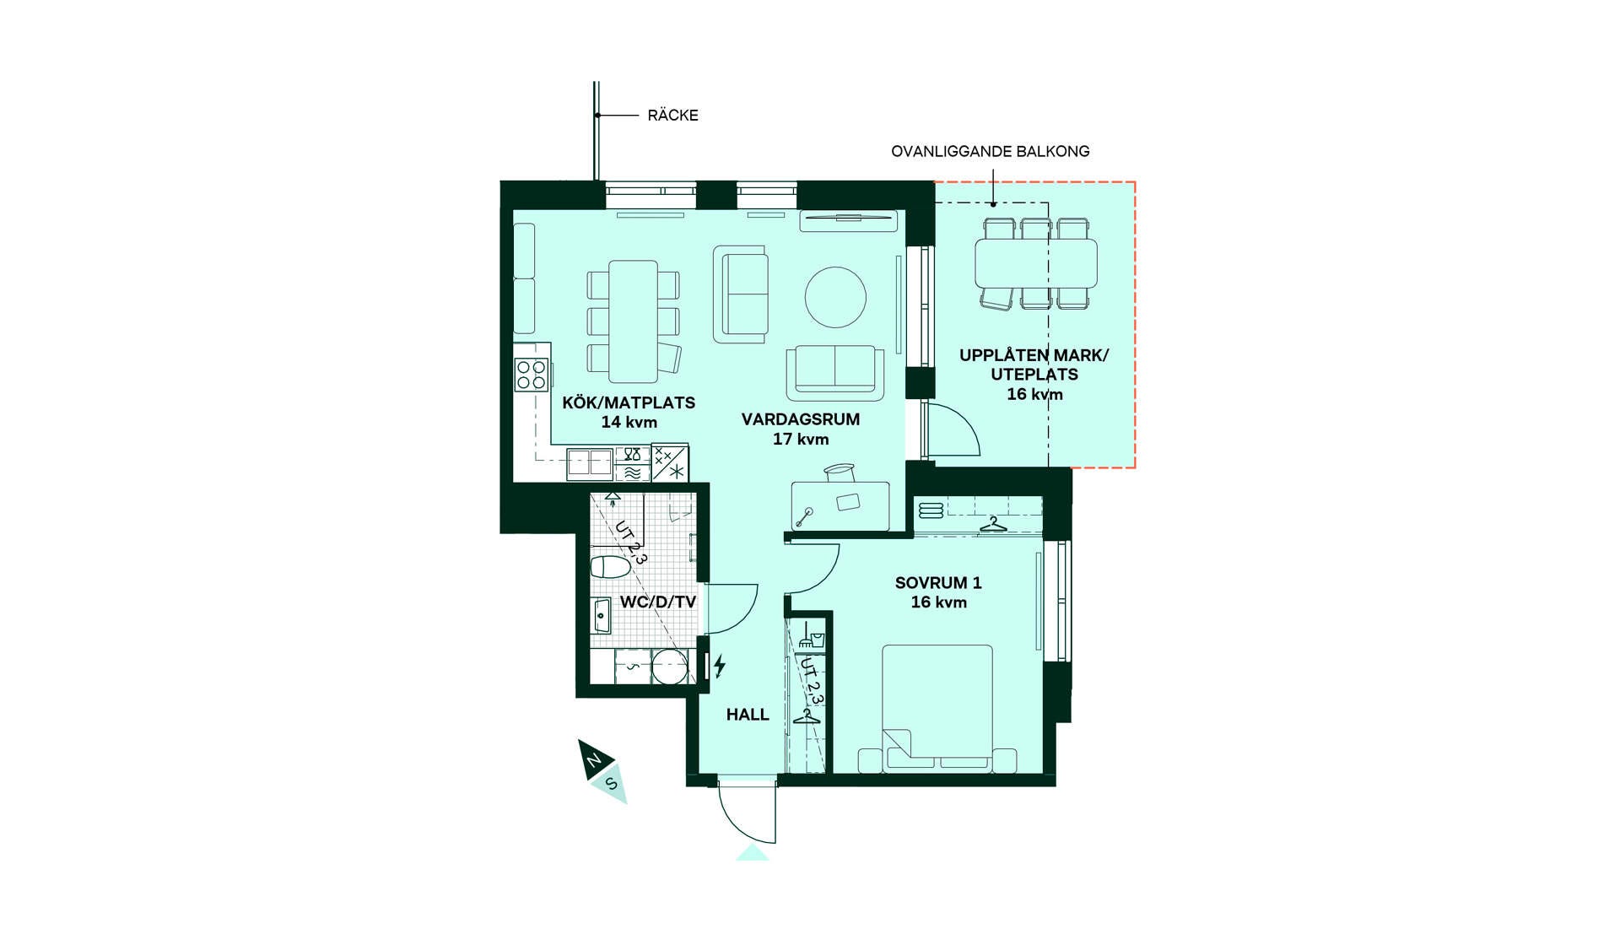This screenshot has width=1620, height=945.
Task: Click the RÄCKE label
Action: tap(672, 116)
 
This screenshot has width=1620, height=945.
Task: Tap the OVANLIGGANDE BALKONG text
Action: tap(991, 152)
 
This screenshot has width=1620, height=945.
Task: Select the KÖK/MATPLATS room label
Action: tap(629, 402)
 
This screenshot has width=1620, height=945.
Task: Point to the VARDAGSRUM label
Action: tap(801, 419)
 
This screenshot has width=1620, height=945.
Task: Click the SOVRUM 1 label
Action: tap(938, 583)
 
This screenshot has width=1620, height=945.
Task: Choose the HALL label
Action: tap(748, 715)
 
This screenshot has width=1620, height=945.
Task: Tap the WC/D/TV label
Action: tap(658, 602)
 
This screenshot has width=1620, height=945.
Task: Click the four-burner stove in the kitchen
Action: tap(532, 375)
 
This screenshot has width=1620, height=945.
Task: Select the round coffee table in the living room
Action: tap(835, 297)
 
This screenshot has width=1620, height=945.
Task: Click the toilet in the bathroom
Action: tap(610, 566)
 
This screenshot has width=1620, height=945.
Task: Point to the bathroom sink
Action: tap(601, 615)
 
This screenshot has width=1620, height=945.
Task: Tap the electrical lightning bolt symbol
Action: tap(720, 666)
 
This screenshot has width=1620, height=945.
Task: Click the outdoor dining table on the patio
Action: tap(1036, 264)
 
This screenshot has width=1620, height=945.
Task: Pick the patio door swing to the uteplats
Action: tap(953, 432)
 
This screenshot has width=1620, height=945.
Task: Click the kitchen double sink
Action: tap(589, 463)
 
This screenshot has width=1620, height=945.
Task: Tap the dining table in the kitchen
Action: tap(633, 321)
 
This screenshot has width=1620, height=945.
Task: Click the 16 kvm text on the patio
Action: tap(1034, 394)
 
